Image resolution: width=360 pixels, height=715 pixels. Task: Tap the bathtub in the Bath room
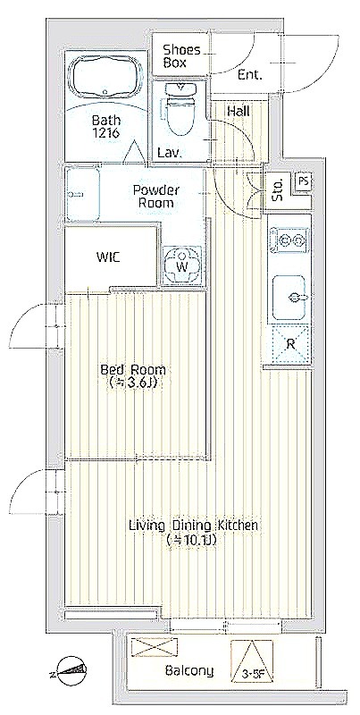(x=105, y=77)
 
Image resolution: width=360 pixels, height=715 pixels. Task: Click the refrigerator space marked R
(x=290, y=344)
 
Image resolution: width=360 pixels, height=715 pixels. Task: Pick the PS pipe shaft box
(x=303, y=181)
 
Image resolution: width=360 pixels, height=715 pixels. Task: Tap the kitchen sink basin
(x=289, y=298)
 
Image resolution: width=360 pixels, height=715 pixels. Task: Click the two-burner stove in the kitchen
(x=290, y=239)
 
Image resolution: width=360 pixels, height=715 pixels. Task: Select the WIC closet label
(x=108, y=257)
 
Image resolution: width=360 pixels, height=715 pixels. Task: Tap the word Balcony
(x=189, y=671)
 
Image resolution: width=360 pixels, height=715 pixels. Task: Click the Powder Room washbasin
(x=82, y=194)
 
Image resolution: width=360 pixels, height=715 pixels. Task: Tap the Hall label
(x=238, y=111)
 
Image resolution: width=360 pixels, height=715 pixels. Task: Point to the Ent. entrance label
(x=250, y=76)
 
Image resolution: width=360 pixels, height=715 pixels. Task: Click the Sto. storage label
(x=278, y=189)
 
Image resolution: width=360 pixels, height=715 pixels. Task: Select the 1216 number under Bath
(x=105, y=133)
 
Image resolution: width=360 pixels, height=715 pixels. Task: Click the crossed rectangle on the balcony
(x=154, y=647)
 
